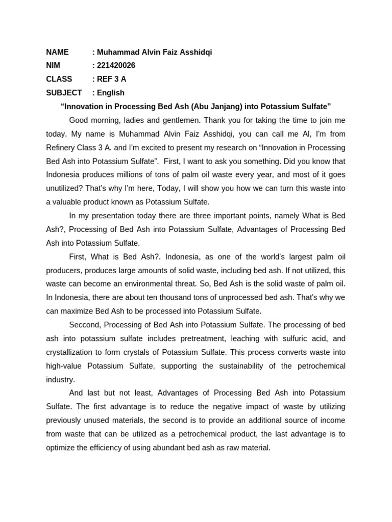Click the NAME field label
[57, 52]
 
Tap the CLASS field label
[59, 79]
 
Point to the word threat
[194, 284]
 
